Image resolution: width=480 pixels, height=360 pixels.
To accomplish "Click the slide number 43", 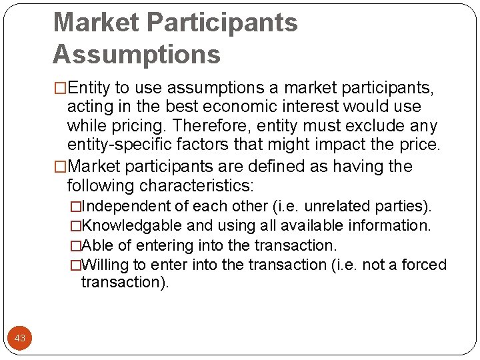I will click(20, 338).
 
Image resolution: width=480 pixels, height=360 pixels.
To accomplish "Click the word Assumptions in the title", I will click(137, 54).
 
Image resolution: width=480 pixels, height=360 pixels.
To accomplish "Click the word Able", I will click(97, 245).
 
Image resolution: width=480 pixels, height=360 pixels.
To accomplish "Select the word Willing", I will click(108, 265).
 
